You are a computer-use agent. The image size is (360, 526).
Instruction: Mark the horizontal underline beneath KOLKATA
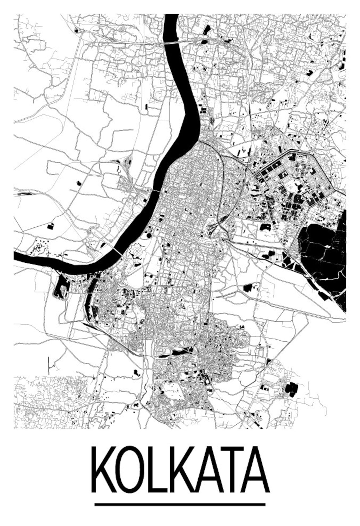(x=180, y=504)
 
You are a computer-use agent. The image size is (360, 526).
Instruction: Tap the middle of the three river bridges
(x=156, y=191)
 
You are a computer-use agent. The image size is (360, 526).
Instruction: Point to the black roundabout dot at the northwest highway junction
(x=77, y=31)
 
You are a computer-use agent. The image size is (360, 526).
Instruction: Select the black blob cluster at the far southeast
(x=291, y=389)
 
